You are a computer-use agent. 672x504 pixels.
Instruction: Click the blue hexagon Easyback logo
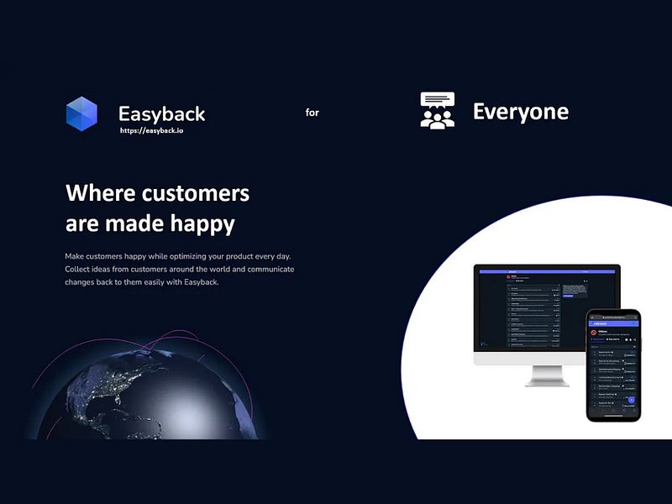[81, 113]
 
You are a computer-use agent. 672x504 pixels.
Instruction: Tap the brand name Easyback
[161, 114]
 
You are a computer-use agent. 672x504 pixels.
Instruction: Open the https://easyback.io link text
[152, 131]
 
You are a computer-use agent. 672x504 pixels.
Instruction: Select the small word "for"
[312, 113]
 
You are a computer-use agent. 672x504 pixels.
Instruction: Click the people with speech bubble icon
[437, 111]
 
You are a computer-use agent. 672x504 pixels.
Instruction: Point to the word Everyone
[520, 112]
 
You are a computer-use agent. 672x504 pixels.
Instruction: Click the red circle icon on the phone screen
[594, 332]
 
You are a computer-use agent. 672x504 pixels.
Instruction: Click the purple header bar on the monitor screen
[547, 270]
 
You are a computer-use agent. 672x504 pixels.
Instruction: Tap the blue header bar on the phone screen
[613, 323]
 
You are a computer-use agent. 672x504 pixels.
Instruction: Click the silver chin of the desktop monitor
[529, 357]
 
